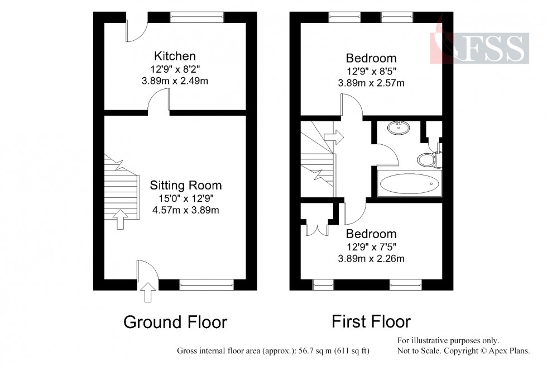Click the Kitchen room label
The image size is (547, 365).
[175, 56]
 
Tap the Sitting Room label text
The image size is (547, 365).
[186, 186]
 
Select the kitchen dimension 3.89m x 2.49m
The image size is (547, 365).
[175, 81]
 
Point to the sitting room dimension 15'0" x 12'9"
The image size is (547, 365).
[186, 198]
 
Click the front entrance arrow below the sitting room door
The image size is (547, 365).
[148, 292]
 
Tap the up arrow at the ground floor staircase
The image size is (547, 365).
[119, 219]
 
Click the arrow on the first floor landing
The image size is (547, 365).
[334, 137]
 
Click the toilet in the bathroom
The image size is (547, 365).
[428, 159]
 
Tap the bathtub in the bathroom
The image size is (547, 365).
[409, 183]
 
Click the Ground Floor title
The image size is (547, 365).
[175, 323]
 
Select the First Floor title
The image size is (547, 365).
[371, 321]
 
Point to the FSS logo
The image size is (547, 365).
[480, 48]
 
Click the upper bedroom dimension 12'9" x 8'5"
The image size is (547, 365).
[371, 71]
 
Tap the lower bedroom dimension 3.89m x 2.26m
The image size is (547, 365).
[371, 258]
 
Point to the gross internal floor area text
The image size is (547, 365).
[273, 352]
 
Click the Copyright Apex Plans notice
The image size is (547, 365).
[469, 350]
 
